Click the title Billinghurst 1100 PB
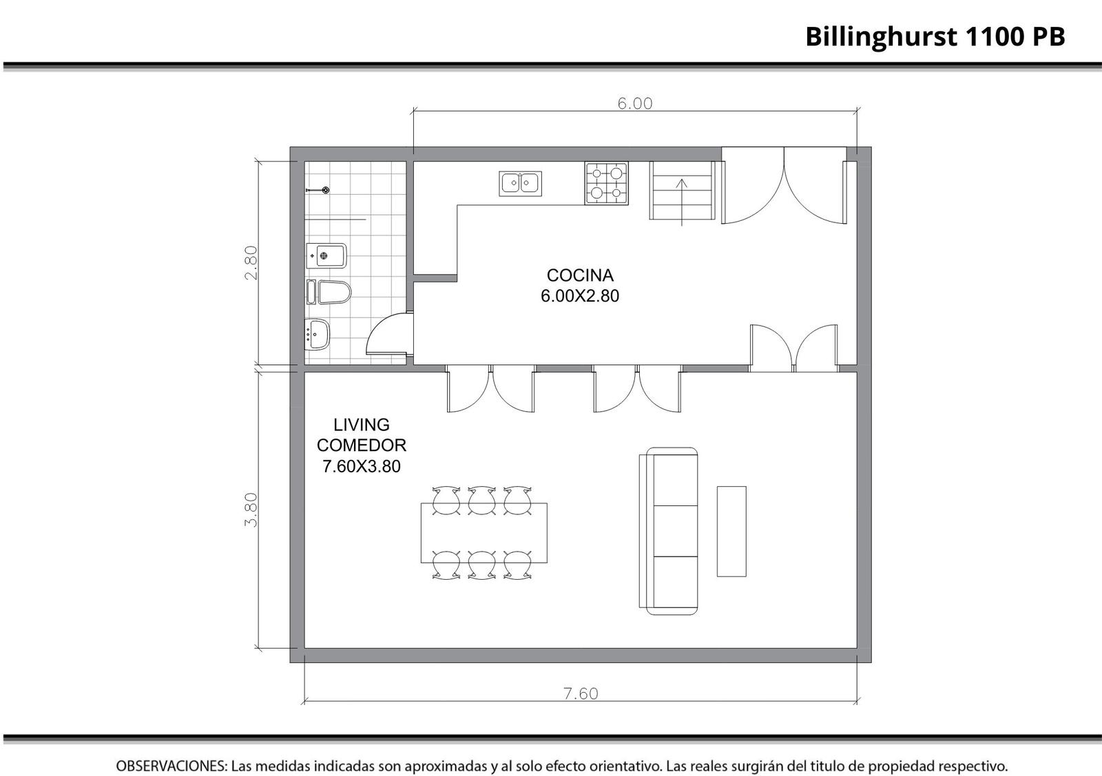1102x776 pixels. [x=935, y=37]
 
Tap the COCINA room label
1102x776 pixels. [x=580, y=275]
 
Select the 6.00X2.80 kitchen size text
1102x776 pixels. [x=580, y=296]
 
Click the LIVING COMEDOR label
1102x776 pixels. [x=362, y=434]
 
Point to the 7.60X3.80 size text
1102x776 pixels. [x=362, y=466]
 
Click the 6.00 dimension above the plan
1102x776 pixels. [x=635, y=104]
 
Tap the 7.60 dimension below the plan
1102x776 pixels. [x=581, y=694]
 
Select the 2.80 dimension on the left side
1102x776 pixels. [x=251, y=262]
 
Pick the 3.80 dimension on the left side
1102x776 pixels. [x=251, y=510]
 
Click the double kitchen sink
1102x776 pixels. [x=521, y=183]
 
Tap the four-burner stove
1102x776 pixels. [x=607, y=183]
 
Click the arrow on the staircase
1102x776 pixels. [x=681, y=202]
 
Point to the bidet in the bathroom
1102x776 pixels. [x=326, y=255]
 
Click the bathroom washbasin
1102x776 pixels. [x=318, y=335]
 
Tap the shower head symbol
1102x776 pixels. [x=318, y=190]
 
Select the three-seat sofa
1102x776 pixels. [x=669, y=531]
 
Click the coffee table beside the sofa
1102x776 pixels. [x=731, y=531]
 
